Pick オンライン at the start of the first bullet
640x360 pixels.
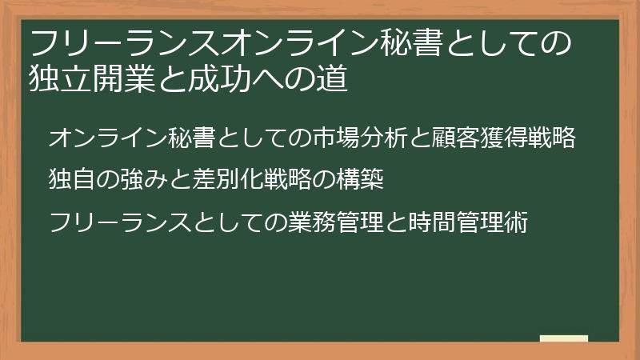click(x=96, y=138)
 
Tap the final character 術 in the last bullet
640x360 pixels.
click(x=518, y=222)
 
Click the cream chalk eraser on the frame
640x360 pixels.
click(x=564, y=339)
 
